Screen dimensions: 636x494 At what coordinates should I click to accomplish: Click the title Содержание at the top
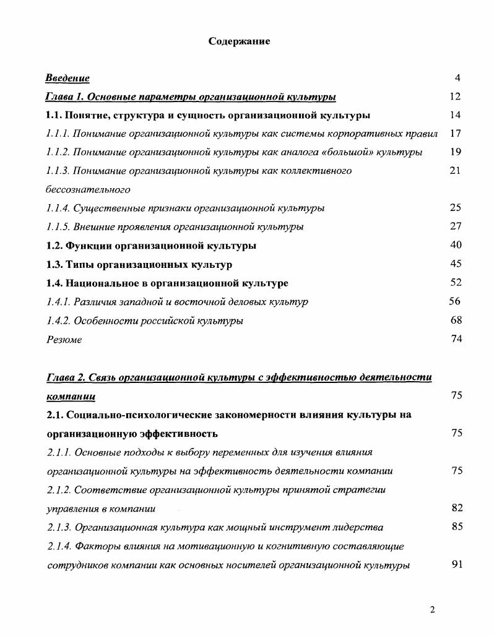click(239, 41)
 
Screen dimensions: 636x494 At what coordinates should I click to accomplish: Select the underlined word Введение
click(67, 78)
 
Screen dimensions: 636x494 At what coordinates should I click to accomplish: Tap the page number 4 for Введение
click(457, 78)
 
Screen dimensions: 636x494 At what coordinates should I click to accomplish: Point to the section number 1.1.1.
click(58, 134)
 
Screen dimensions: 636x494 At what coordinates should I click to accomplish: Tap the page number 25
click(456, 208)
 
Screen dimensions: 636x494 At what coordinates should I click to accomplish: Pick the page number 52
click(456, 283)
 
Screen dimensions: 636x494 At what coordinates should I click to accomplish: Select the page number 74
click(456, 339)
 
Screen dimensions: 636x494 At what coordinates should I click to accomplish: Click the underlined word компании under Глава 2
click(71, 396)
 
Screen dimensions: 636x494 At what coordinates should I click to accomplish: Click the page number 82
click(457, 509)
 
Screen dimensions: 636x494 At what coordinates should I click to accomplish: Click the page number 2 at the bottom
click(433, 610)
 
